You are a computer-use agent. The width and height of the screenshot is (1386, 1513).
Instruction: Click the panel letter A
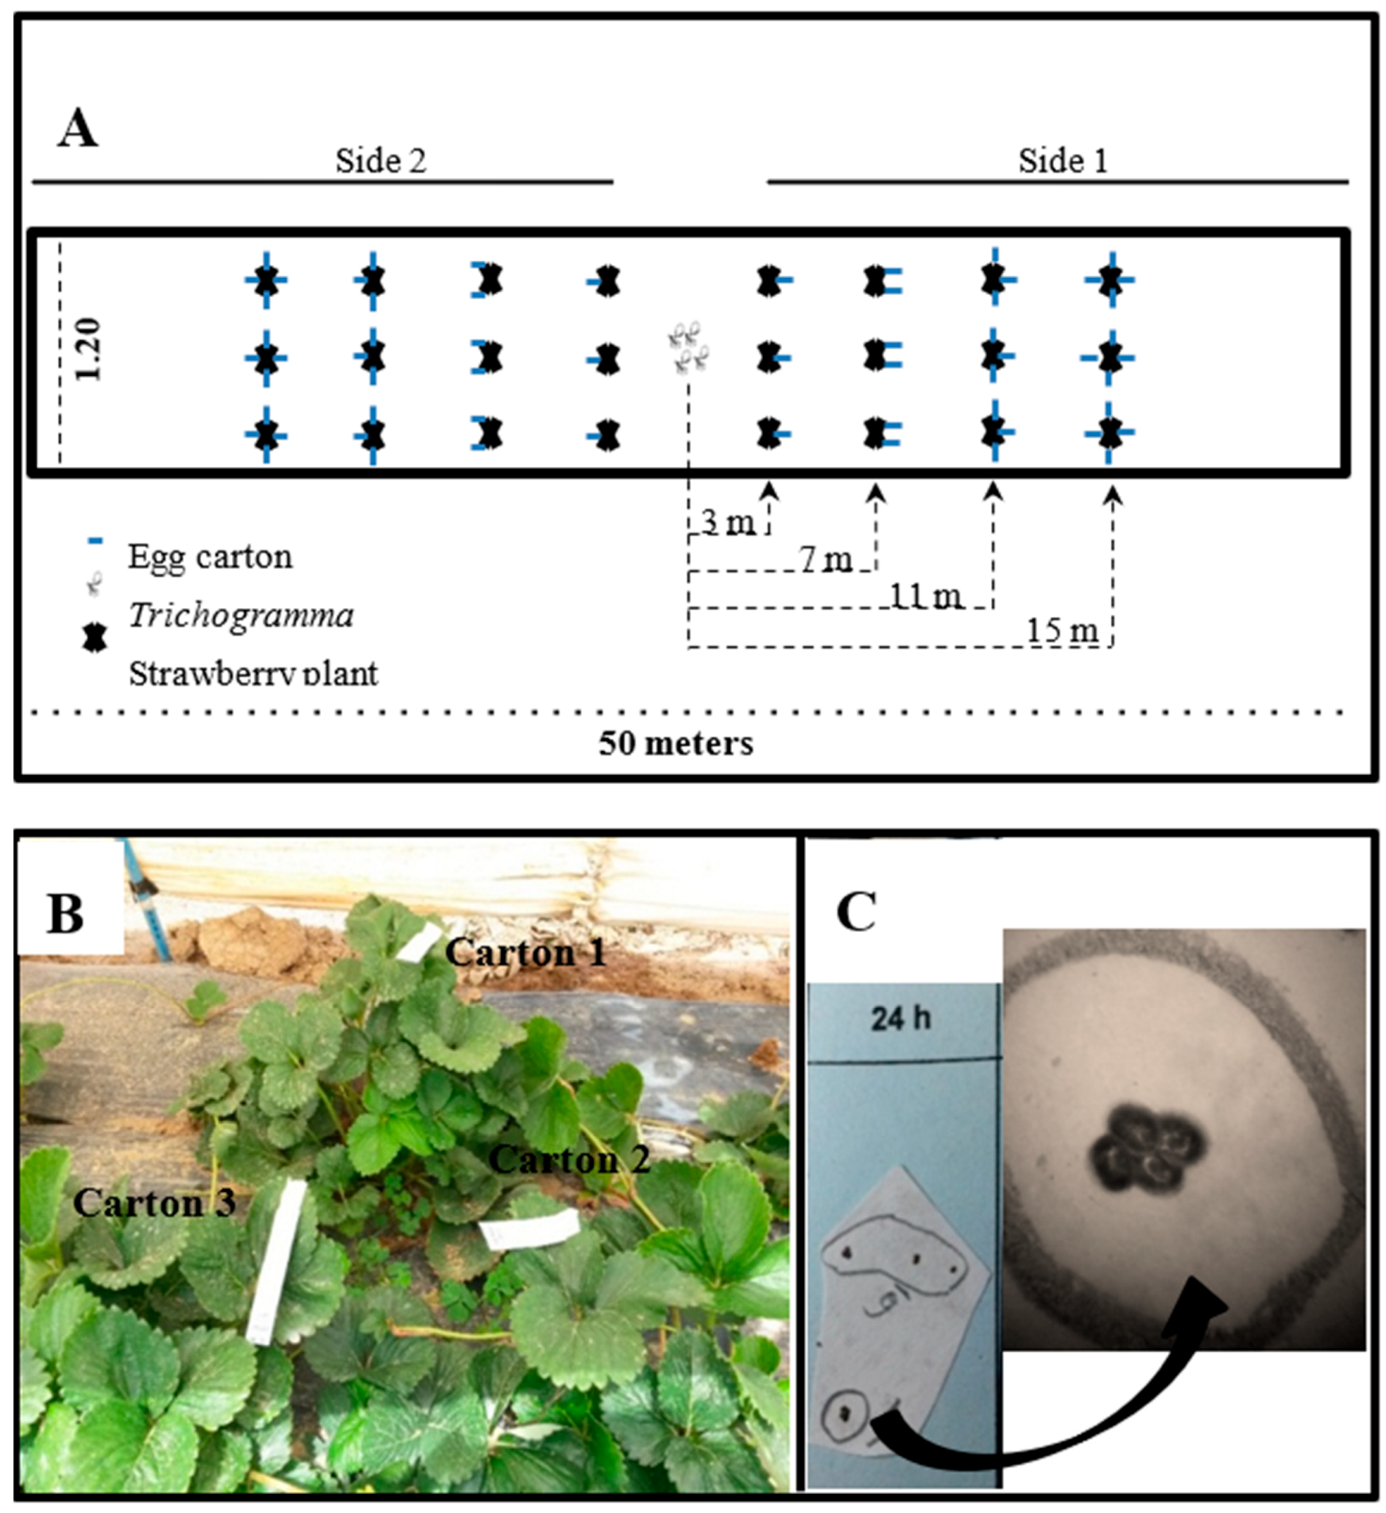(78, 129)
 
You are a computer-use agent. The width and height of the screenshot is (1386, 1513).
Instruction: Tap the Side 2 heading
(381, 161)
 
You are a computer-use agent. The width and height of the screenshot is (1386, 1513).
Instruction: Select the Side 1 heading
(1062, 161)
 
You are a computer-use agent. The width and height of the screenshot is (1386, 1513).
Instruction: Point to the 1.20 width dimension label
(88, 350)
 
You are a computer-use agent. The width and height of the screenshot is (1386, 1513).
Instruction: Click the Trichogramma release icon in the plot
(688, 347)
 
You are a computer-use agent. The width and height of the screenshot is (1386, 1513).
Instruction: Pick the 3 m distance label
(728, 523)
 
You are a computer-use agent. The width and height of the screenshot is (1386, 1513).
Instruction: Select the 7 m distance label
(826, 559)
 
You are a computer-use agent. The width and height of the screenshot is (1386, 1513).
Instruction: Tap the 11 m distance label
(926, 596)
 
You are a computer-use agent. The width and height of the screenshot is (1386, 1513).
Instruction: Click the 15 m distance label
(1062, 631)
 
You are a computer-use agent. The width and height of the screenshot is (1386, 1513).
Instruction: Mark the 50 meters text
(675, 744)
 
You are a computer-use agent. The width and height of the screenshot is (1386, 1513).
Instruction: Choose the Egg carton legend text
(210, 557)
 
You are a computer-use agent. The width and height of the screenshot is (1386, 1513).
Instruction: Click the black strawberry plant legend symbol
(95, 639)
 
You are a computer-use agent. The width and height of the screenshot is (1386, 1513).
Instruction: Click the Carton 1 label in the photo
(525, 953)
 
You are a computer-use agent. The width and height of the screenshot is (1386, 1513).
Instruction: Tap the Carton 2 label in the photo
(569, 1160)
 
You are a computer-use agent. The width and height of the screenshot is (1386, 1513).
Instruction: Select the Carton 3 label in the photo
(154, 1204)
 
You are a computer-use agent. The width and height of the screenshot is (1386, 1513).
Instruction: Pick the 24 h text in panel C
(900, 1019)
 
